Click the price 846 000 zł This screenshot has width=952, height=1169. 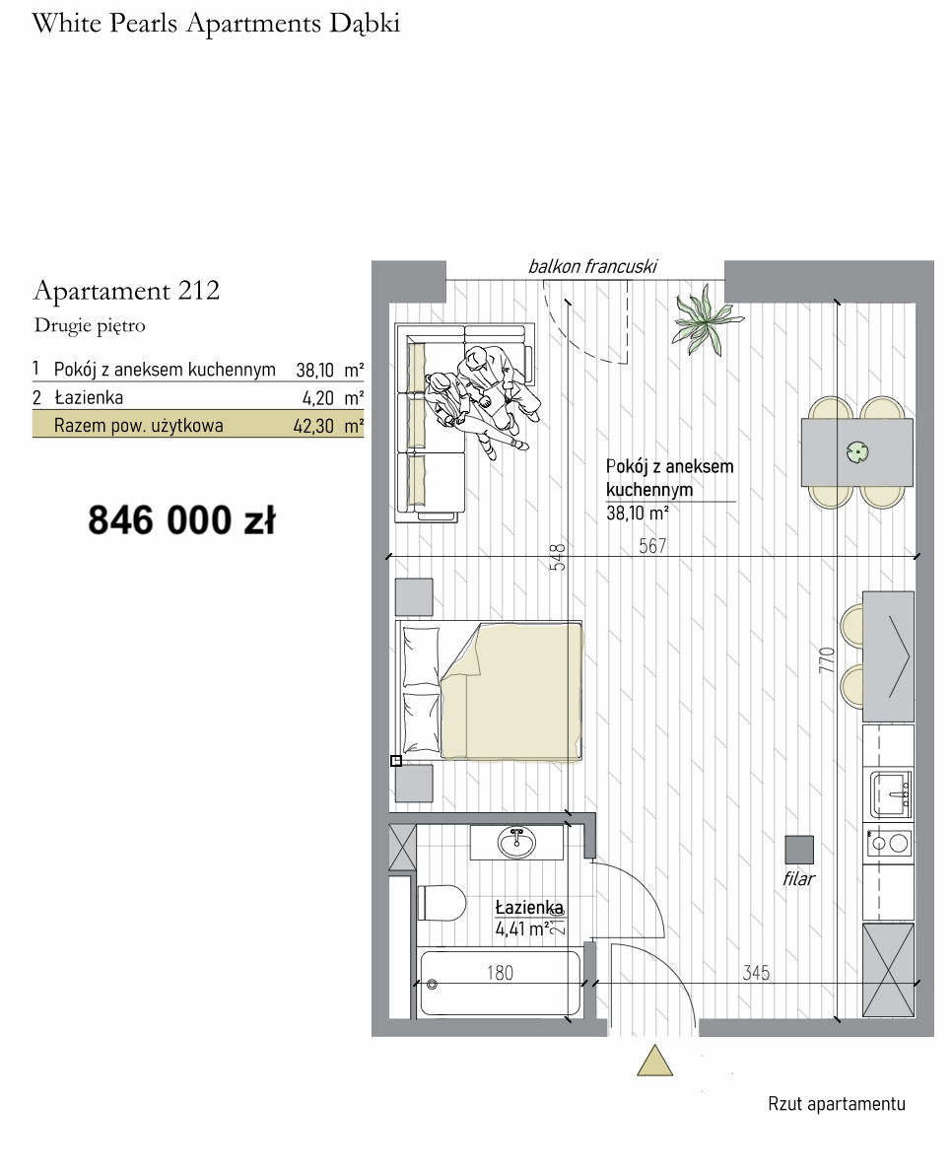tap(182, 519)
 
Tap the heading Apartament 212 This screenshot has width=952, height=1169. tap(127, 290)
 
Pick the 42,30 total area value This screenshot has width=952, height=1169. tap(313, 427)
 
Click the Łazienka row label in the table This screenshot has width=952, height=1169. tap(88, 397)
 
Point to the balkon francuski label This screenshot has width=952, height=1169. tap(592, 266)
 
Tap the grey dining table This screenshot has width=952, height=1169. tap(857, 451)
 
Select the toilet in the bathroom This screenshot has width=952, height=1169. tap(442, 902)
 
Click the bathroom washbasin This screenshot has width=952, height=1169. tap(515, 843)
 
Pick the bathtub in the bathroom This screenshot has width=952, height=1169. tap(500, 984)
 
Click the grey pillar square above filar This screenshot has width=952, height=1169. tap(799, 850)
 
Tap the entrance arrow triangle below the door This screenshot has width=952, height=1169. tap(655, 1061)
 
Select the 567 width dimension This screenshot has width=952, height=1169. tap(652, 546)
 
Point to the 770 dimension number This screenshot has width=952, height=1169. tap(827, 660)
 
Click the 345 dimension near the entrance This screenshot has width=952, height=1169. tap(756, 973)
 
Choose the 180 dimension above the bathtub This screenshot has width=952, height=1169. tap(501, 973)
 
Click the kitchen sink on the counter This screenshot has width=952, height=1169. tap(890, 794)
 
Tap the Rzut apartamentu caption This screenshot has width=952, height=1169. tap(837, 1104)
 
